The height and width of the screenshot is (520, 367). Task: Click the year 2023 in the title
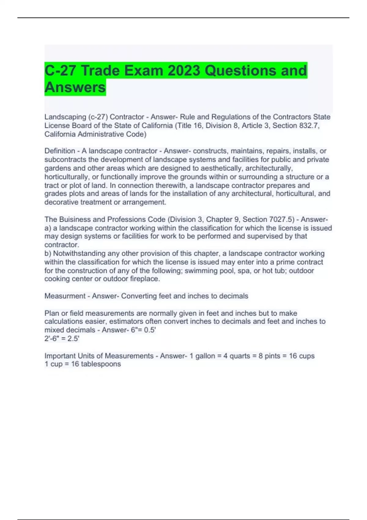pyautogui.click(x=184, y=71)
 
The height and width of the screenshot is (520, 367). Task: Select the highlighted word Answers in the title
pyautogui.click(x=75, y=87)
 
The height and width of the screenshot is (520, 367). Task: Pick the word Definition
pyautogui.click(x=60, y=151)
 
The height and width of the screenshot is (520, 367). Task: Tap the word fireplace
pyautogui.click(x=145, y=279)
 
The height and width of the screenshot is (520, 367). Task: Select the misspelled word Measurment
pyautogui.click(x=65, y=296)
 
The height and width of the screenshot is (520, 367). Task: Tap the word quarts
pyautogui.click(x=239, y=356)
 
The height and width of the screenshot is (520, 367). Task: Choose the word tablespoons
pyautogui.click(x=101, y=364)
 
